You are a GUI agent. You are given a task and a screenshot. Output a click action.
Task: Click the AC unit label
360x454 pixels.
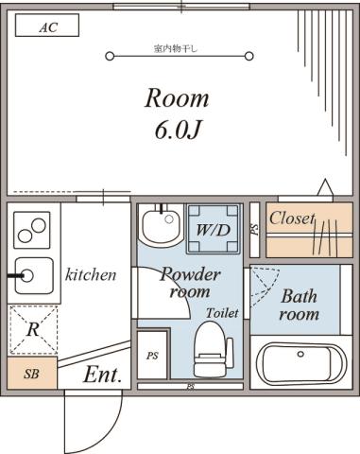[47, 27]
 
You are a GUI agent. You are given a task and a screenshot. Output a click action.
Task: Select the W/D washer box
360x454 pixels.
[213, 229]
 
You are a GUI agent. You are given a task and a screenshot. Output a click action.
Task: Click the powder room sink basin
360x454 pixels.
[159, 227]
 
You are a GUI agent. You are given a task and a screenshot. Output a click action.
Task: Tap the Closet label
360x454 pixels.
[291, 218]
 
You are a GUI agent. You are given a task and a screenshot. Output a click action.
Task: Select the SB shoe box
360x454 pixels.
[30, 374]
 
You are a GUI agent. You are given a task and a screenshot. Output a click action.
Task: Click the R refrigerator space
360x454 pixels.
[33, 330]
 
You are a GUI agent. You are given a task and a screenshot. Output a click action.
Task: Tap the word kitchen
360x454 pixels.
[91, 275]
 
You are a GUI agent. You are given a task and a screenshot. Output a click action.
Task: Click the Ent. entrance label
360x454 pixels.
[103, 375]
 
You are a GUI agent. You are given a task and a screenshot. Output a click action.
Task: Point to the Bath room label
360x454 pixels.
[299, 305]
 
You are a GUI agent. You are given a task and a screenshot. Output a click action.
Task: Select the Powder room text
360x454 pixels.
[189, 283]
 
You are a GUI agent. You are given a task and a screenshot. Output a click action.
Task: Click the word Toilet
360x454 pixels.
[222, 312]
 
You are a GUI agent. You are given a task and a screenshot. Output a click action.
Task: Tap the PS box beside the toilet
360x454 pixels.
[152, 356]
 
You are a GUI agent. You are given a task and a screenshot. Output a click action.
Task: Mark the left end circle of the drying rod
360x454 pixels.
[110, 56]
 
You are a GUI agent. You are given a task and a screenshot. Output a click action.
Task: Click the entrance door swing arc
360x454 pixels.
[112, 416]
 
